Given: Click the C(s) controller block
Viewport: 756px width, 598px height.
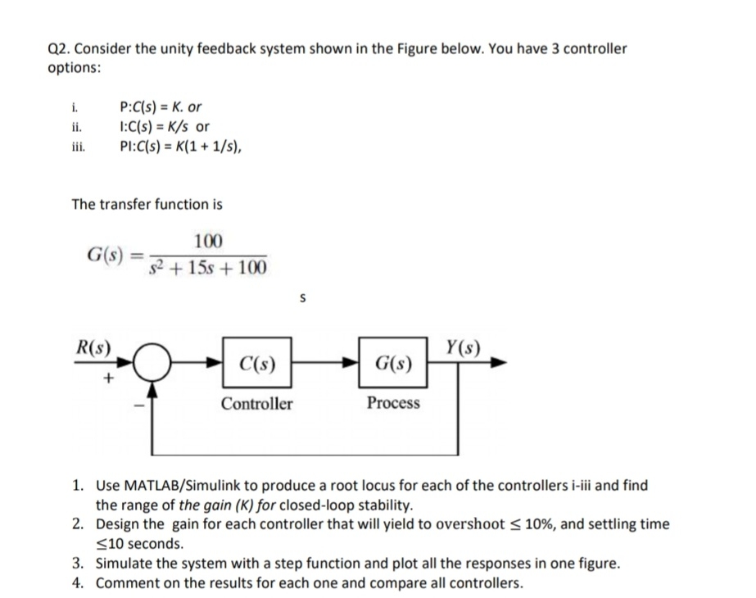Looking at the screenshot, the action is (x=256, y=362).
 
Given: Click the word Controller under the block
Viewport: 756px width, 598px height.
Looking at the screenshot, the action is (x=256, y=403).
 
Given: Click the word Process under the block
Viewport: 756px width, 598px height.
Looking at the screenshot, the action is (x=393, y=403).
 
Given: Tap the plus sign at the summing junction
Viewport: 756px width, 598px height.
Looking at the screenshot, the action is (x=107, y=380).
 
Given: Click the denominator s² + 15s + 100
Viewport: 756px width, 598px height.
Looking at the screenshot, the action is (x=208, y=268).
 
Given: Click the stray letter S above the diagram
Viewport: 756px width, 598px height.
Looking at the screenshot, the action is (x=302, y=300).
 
